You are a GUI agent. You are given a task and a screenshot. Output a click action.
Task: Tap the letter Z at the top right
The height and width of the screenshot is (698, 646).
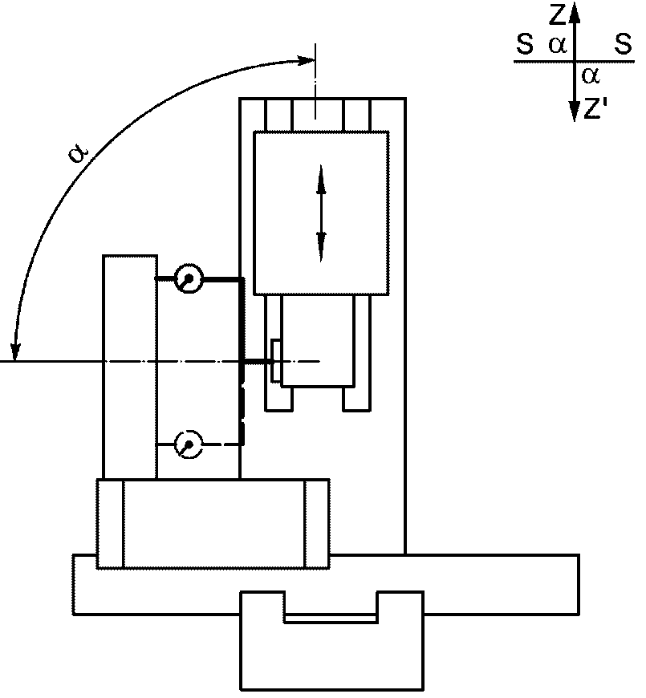tap(558, 14)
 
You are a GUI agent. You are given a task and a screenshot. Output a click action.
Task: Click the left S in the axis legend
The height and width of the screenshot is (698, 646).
tap(525, 44)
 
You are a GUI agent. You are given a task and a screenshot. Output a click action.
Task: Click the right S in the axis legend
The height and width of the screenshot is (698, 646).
tap(623, 44)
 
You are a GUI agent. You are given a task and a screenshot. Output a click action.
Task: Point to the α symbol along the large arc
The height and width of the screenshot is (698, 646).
tap(79, 153)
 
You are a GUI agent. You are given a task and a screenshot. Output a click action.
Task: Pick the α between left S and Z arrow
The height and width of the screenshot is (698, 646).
tap(558, 45)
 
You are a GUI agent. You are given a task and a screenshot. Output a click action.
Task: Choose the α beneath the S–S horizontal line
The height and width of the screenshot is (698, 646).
tap(591, 76)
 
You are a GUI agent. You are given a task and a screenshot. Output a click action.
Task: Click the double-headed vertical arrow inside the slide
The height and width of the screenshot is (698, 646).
tap(321, 213)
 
